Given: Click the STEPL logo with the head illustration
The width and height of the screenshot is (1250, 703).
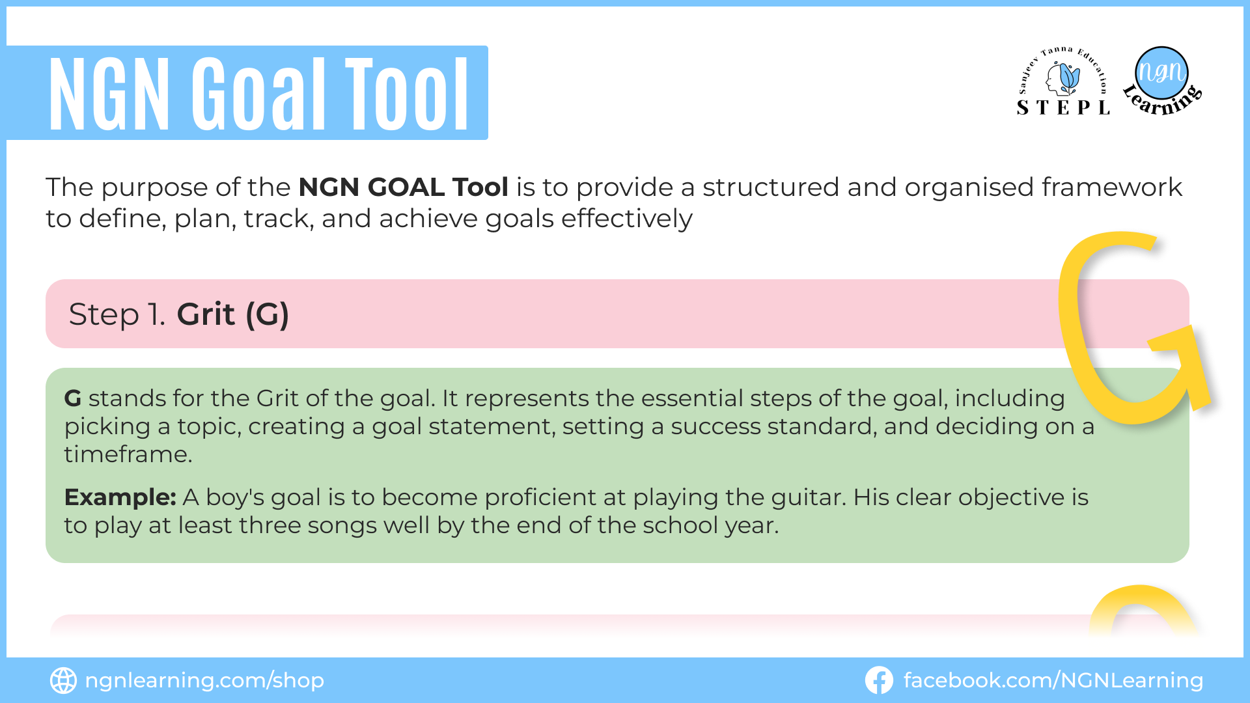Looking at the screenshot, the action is click(1063, 81).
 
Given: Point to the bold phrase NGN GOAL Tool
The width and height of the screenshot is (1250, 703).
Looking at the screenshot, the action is click(403, 187).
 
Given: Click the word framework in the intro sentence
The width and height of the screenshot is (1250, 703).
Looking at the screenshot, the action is click(1112, 187).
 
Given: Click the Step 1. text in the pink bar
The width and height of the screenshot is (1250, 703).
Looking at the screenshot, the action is click(117, 314).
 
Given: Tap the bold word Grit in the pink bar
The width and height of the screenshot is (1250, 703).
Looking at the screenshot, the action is click(206, 314).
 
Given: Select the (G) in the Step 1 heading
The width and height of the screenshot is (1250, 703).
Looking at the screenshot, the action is click(267, 315).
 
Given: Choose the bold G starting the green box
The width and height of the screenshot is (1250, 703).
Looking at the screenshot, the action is click(73, 398).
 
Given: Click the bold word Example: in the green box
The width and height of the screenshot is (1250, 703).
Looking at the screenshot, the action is click(120, 497).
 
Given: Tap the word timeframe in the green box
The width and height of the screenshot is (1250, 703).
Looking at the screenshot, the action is click(128, 454).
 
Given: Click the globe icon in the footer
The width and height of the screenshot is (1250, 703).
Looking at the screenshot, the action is click(63, 680).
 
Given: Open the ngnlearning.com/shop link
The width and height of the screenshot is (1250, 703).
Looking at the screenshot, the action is click(204, 681).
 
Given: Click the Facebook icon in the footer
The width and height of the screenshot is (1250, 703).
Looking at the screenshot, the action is click(879, 680).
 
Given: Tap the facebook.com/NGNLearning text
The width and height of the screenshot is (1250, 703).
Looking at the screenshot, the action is click(1053, 681).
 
